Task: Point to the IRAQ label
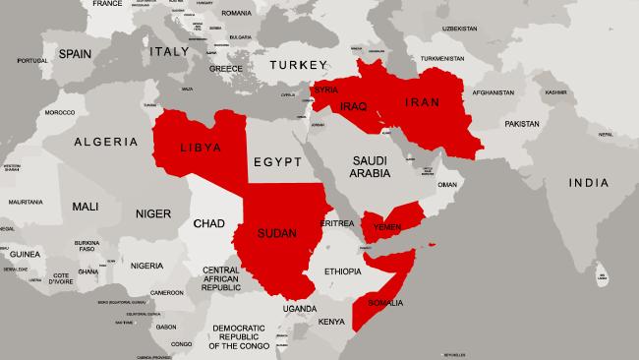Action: pos(353,105)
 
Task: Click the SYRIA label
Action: pos(325,90)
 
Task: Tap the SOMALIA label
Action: pos(383,303)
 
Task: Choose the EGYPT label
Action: pos(275,161)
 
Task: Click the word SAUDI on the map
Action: pos(370,160)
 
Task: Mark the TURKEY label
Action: pos(295,65)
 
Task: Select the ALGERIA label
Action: pos(105,142)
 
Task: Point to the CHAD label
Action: pos(209,224)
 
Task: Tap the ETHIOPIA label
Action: pos(343,270)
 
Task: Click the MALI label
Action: pos(86,207)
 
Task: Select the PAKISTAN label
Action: pos(523,125)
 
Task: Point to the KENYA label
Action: pos(331,321)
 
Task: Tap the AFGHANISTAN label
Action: pos(493,93)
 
